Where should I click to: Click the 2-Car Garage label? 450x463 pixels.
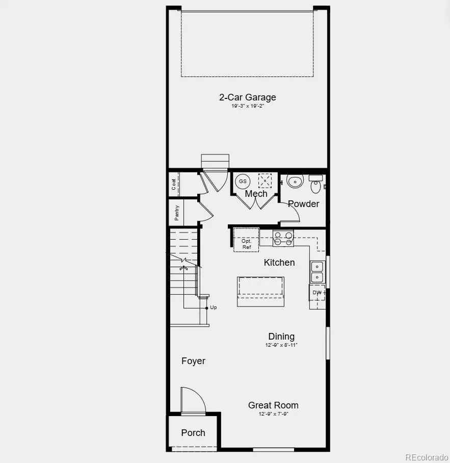click(x=247, y=97)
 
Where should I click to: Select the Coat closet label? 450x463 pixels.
click(x=174, y=184)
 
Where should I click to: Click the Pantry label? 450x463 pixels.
click(x=177, y=212)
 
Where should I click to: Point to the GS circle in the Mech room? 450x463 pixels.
click(x=243, y=181)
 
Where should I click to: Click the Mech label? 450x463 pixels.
click(x=256, y=194)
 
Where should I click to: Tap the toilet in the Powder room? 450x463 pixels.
click(x=295, y=181)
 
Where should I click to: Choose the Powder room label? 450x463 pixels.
click(x=303, y=204)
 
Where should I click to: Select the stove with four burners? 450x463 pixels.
click(x=283, y=238)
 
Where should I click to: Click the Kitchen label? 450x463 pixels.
click(x=279, y=263)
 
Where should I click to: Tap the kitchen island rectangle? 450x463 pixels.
click(x=260, y=291)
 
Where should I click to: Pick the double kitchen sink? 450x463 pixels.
click(x=317, y=272)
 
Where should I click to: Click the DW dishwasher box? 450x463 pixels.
click(x=317, y=293)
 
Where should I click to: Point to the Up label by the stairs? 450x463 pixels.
click(x=213, y=307)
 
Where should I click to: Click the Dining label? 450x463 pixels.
click(x=281, y=337)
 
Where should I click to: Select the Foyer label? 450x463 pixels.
click(x=193, y=361)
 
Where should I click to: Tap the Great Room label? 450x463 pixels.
click(x=273, y=405)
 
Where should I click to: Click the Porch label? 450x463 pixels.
click(x=193, y=433)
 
